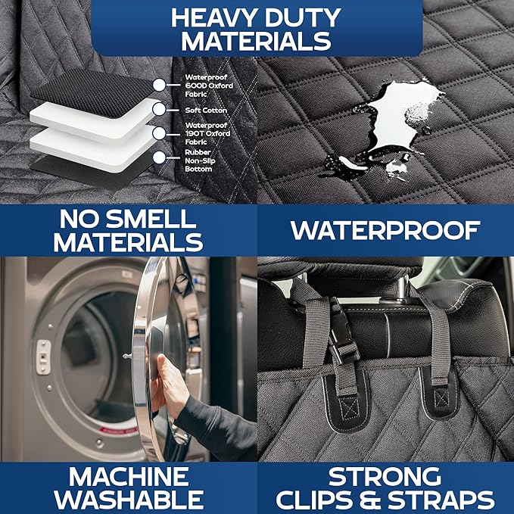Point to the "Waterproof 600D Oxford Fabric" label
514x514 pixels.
click(x=208, y=84)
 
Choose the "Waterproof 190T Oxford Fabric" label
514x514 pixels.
click(x=207, y=133)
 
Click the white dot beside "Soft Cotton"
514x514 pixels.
click(x=159, y=109)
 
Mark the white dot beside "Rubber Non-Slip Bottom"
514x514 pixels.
click(x=159, y=157)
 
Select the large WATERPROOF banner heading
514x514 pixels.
click(x=385, y=230)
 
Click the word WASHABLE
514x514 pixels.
click(x=128, y=500)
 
